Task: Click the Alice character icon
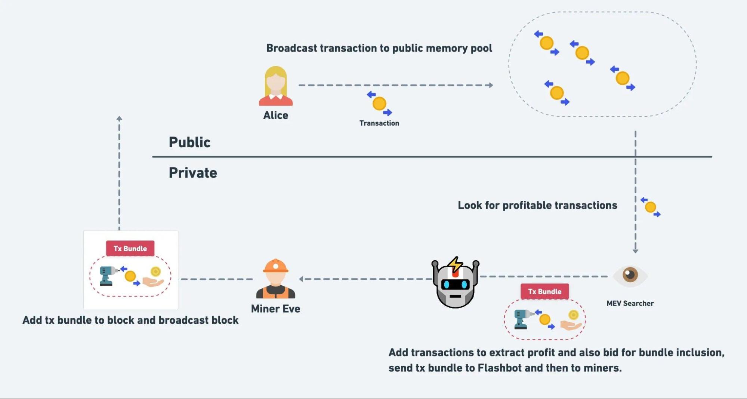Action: click(276, 86)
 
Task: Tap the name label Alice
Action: click(276, 115)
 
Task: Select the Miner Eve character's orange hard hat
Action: click(276, 266)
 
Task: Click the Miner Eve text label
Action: click(276, 309)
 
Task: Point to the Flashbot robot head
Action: click(455, 283)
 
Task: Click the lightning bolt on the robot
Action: click(455, 264)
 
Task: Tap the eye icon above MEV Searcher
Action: click(630, 275)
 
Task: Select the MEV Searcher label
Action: click(630, 303)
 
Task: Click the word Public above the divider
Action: click(189, 142)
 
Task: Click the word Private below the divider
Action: click(193, 173)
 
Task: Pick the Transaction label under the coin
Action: click(379, 123)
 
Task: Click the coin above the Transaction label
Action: click(379, 104)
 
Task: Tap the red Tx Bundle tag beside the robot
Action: click(545, 292)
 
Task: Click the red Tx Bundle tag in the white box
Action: click(130, 249)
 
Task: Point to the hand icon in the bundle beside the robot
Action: click(571, 324)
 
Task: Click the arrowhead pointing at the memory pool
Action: click(491, 85)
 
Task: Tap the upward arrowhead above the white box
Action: click(119, 119)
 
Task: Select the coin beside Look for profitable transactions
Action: click(651, 207)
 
